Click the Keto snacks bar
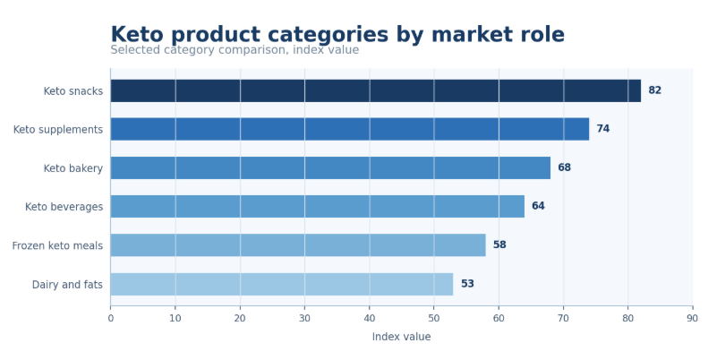tap(375, 90)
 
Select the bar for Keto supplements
tap(350, 129)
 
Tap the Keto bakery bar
tap(330, 168)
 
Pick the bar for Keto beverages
tap(317, 206)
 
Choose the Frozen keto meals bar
tap(298, 245)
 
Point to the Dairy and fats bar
tap(282, 284)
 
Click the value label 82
tap(654, 90)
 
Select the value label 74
tap(603, 129)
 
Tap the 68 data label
tap(564, 168)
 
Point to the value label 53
tap(467, 284)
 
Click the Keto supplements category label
tap(58, 130)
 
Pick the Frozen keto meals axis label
tap(57, 245)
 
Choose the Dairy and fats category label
tap(67, 285)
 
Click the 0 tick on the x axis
tap(110, 318)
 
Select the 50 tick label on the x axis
tap(434, 318)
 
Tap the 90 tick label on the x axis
tap(693, 318)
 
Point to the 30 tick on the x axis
tap(304, 318)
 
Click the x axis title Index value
tap(401, 337)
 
